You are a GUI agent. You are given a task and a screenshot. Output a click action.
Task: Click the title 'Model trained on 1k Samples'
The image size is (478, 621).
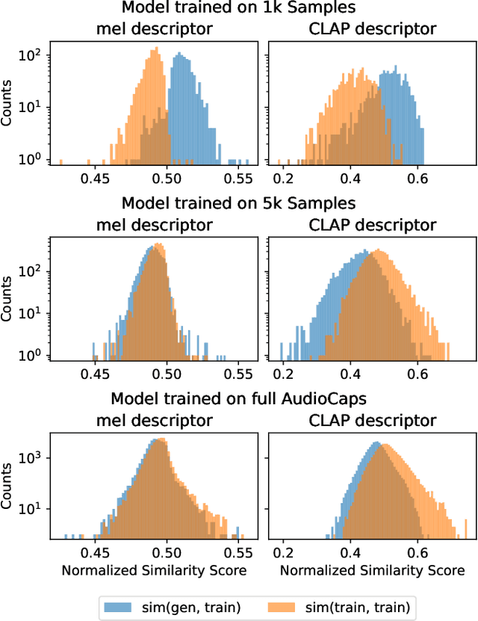(238, 8)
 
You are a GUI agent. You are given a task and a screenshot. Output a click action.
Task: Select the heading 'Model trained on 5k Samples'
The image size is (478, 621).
(238, 203)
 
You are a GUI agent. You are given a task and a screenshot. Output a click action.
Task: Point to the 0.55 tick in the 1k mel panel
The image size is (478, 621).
(238, 179)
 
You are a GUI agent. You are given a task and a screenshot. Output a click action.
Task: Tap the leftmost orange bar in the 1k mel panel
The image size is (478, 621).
(60, 161)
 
